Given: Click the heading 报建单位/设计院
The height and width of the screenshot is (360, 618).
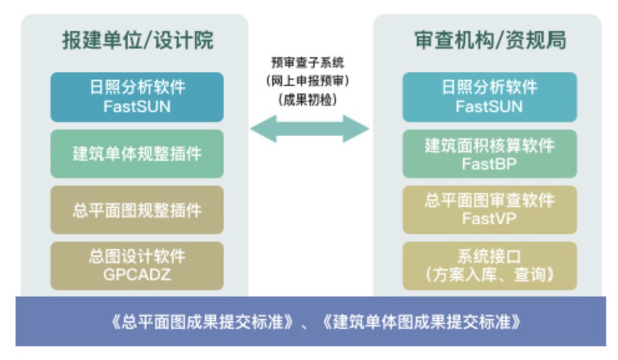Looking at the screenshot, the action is click(x=138, y=40).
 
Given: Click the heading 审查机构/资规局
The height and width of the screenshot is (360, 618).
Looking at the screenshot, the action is click(x=490, y=40).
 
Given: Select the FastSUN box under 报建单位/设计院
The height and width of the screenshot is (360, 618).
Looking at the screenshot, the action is click(x=137, y=97).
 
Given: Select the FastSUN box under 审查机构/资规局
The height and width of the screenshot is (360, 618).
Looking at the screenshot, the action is click(x=490, y=97).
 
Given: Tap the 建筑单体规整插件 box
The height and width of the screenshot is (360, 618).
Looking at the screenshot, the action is click(x=137, y=154).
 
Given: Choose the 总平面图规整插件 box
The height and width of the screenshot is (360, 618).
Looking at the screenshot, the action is click(x=137, y=210).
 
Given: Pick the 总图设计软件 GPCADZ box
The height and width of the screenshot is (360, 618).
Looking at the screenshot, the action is click(x=137, y=266).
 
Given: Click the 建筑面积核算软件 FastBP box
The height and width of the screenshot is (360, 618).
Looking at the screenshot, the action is click(x=490, y=154).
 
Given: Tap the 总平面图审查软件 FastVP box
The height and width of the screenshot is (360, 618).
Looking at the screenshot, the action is click(x=490, y=210).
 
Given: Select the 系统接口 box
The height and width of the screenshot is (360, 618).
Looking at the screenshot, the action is click(x=490, y=266).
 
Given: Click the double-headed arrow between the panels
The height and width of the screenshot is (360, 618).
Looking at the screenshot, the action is click(x=310, y=128).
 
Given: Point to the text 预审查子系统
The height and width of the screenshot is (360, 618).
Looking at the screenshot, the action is click(x=308, y=62).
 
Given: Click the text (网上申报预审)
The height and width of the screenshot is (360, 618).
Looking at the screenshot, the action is click(x=308, y=81).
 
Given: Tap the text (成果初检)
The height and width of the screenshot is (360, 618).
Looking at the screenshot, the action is click(x=308, y=100).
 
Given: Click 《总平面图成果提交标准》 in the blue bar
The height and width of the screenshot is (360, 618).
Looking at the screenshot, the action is click(x=202, y=322).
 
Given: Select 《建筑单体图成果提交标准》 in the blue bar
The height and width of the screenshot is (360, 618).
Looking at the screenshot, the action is click(x=421, y=322).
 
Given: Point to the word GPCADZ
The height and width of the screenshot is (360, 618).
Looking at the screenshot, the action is click(x=137, y=275).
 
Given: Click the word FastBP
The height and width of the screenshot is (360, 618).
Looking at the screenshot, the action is click(x=489, y=163).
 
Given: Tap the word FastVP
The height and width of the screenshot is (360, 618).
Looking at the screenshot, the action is click(x=489, y=218).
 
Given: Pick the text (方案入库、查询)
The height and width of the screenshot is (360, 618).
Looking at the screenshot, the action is click(x=490, y=275).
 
